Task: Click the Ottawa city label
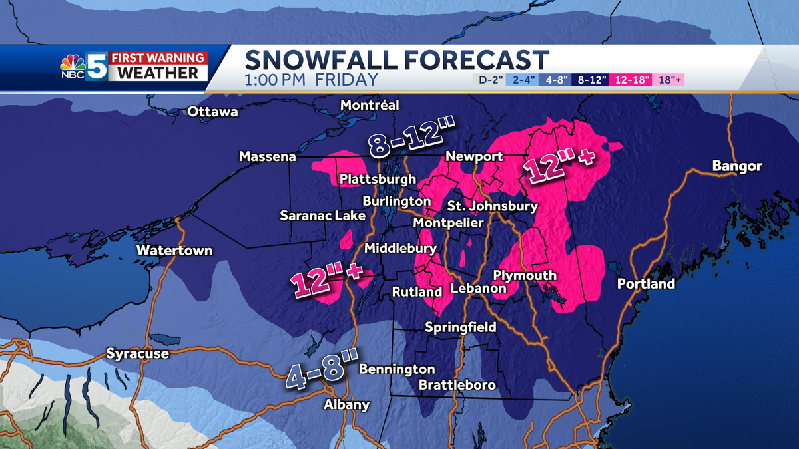click(212, 112)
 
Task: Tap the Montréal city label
click(370, 105)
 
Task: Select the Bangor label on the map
click(736, 166)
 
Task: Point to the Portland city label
click(646, 284)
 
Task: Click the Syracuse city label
click(137, 354)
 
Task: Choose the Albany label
click(346, 404)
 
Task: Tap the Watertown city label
click(174, 251)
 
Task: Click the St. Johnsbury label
click(492, 206)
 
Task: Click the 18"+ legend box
click(670, 80)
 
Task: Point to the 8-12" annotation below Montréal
click(407, 138)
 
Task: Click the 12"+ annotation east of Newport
click(559, 167)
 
